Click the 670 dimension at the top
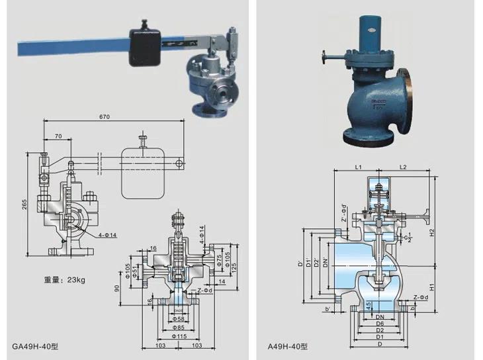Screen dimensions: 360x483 tap(106, 117)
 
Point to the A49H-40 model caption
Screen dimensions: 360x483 tap(287, 345)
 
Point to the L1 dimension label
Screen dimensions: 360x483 tap(357, 168)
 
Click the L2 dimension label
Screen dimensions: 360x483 tap(402, 168)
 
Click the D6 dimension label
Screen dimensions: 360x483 tap(380, 324)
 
